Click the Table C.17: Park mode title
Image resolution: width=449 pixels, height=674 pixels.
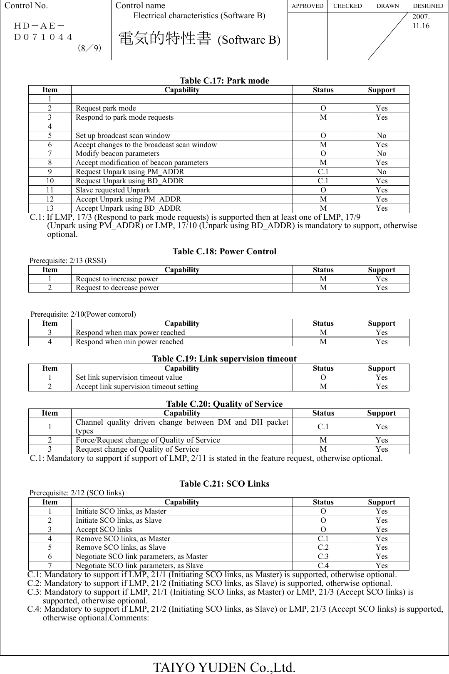click(x=224, y=81)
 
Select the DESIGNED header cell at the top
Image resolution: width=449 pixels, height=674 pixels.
click(x=428, y=6)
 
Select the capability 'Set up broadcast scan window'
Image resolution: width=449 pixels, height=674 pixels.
click(x=123, y=135)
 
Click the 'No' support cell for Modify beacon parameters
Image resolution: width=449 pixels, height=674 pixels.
click(x=381, y=153)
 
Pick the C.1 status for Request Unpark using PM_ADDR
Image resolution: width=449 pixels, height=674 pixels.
click(x=323, y=172)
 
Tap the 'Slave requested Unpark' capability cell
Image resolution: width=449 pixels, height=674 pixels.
click(x=113, y=190)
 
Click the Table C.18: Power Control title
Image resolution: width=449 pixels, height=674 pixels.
click(x=224, y=251)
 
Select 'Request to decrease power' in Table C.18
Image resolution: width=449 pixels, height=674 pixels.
click(x=117, y=288)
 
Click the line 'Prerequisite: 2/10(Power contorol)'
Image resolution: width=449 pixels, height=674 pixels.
click(x=83, y=314)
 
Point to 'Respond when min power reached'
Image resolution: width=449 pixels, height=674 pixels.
click(x=129, y=342)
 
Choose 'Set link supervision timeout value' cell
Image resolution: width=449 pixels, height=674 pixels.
click(x=129, y=377)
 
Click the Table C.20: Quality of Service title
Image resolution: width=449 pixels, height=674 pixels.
click(x=224, y=404)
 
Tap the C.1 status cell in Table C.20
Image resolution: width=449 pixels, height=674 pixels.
click(x=323, y=427)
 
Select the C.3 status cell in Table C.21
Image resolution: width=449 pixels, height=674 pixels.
click(x=323, y=556)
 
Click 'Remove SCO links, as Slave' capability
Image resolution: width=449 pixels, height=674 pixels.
click(x=120, y=547)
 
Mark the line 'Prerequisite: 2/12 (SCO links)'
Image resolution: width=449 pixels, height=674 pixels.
click(x=77, y=493)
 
